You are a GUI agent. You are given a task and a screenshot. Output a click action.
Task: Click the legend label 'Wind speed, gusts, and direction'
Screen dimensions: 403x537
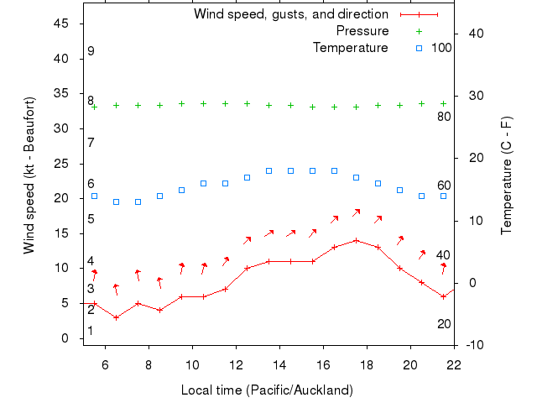(x=290, y=14)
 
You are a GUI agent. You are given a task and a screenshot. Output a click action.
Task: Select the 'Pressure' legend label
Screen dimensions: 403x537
(x=362, y=31)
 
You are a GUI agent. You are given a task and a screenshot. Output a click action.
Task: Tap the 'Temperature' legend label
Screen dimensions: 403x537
(x=351, y=48)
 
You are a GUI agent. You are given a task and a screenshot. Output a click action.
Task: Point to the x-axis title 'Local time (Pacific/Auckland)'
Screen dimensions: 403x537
(x=267, y=390)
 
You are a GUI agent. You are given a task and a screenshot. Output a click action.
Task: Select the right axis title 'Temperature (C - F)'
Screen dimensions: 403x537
(x=508, y=175)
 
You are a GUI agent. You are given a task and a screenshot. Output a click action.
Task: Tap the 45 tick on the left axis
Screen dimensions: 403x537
(x=61, y=24)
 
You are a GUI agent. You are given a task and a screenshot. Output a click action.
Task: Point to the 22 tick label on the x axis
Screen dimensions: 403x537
(x=454, y=364)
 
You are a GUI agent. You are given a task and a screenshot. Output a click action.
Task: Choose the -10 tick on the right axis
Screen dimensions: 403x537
(x=473, y=345)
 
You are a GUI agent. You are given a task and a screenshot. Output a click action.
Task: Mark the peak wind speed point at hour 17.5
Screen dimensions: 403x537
(x=357, y=240)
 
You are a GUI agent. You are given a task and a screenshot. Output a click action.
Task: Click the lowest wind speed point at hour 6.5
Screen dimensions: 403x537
(x=116, y=317)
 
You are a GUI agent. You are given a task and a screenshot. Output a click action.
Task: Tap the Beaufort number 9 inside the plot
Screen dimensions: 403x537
(x=91, y=51)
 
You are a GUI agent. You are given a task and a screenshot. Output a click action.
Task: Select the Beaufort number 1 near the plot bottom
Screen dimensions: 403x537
(x=91, y=331)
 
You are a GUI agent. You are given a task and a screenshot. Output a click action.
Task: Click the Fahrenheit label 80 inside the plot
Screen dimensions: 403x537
(x=444, y=116)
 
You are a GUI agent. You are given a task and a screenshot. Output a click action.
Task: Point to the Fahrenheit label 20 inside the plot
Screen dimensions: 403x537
(x=444, y=323)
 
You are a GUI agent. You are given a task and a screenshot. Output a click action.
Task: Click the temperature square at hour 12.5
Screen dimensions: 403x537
(x=247, y=177)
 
